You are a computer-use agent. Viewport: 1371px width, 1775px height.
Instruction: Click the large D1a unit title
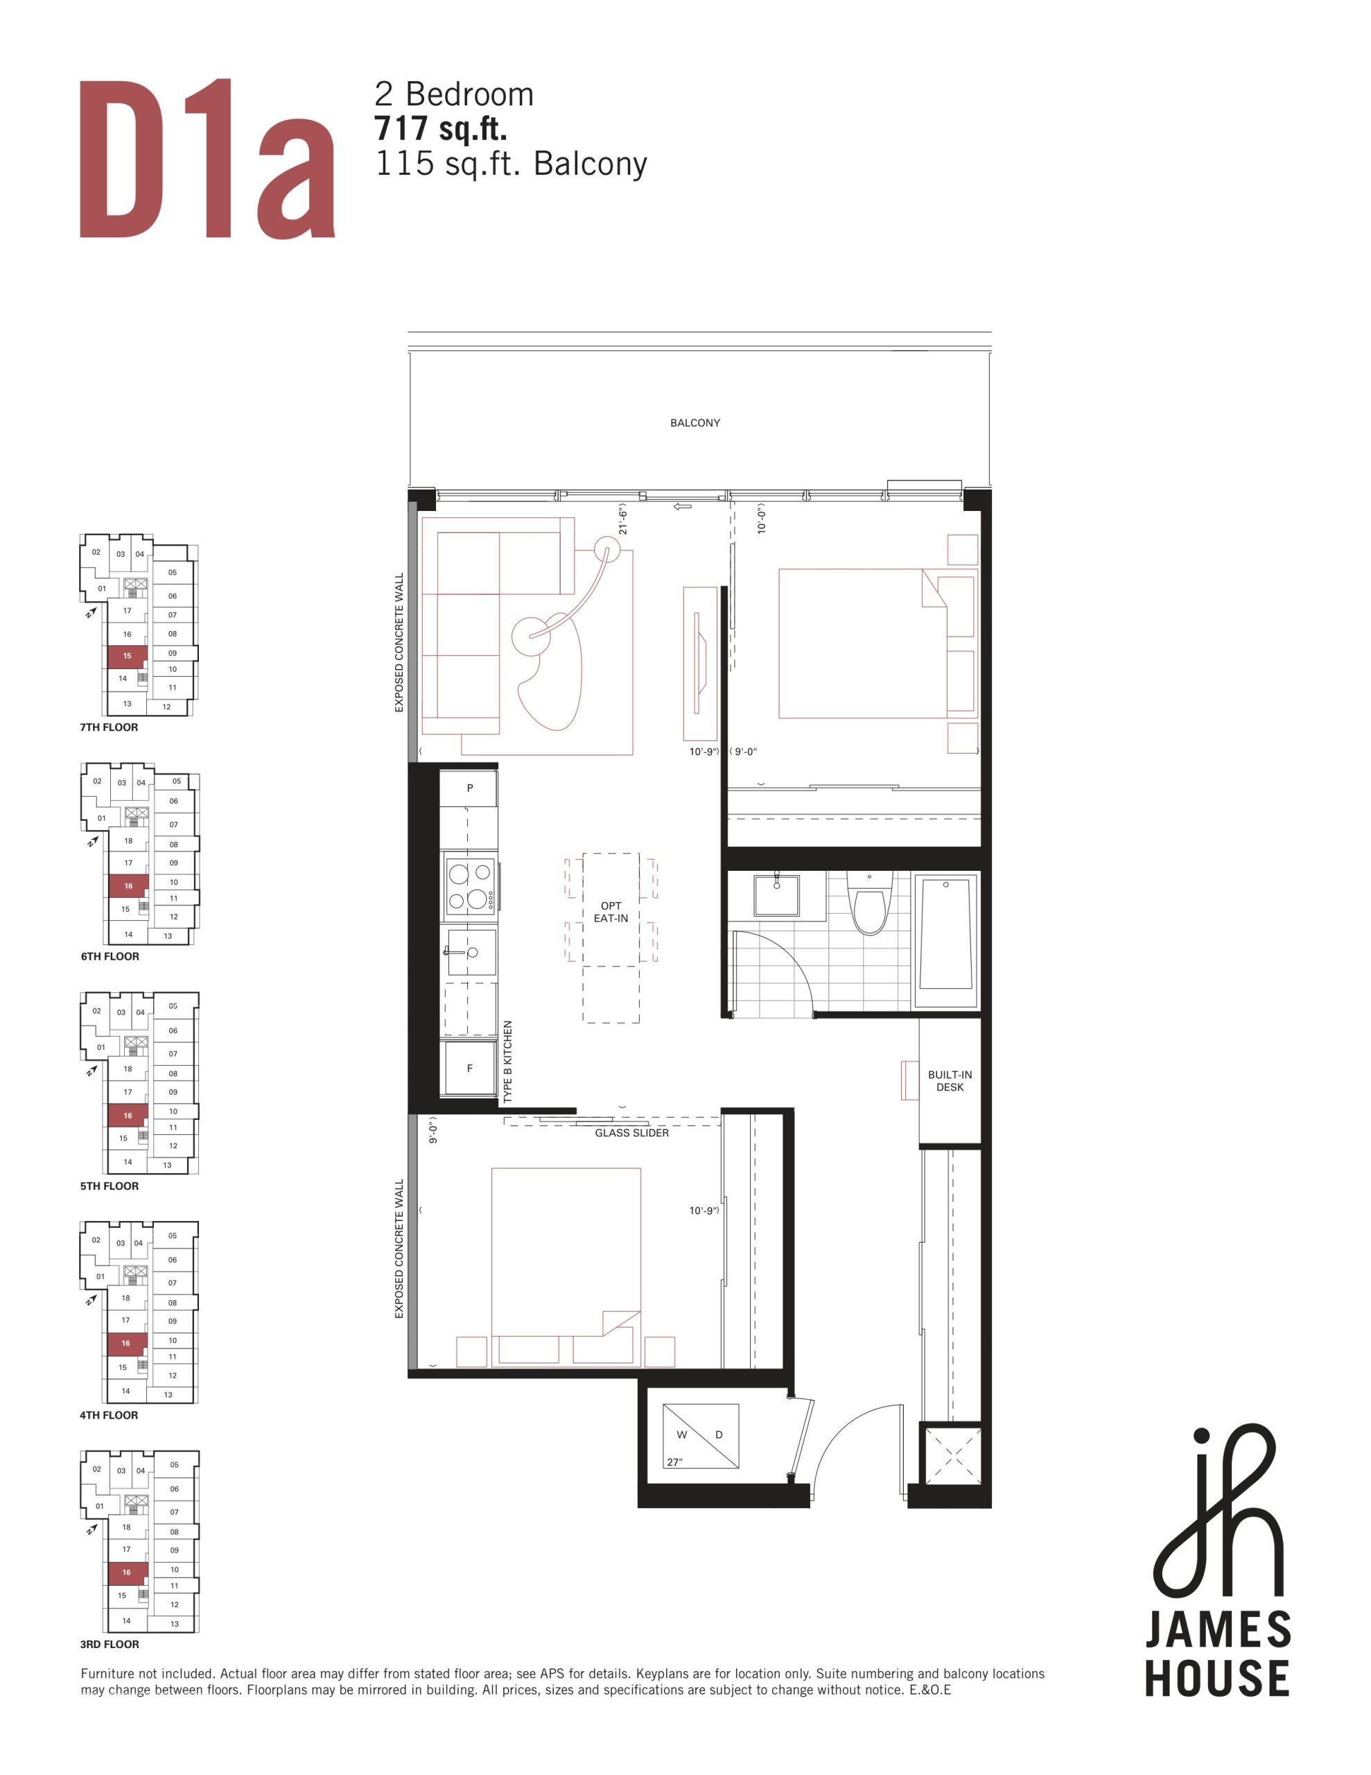(207, 159)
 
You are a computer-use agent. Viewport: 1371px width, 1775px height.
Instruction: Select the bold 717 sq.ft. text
(440, 128)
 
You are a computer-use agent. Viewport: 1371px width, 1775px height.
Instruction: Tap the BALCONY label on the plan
(695, 423)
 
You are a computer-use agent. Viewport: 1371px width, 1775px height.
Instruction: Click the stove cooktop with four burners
(471, 886)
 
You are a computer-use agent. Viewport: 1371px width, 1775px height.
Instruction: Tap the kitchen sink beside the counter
(471, 951)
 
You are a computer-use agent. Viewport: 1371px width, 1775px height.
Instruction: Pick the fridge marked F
(470, 1068)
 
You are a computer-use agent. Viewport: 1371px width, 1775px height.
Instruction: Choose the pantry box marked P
(469, 788)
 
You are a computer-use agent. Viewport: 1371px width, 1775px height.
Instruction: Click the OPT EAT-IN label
(611, 912)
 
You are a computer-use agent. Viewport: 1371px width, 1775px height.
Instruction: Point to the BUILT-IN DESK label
(950, 1081)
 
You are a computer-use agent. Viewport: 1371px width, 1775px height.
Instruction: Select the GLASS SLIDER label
(632, 1133)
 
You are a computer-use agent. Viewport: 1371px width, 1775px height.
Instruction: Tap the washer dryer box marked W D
(701, 1436)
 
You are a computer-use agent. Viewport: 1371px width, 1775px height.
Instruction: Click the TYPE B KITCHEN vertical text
(508, 1062)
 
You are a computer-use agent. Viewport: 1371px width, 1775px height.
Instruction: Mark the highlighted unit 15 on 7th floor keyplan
(127, 657)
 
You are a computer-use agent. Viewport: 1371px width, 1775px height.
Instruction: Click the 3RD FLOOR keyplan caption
(110, 1644)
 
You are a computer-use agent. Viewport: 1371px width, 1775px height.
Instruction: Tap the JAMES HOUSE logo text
(1217, 1654)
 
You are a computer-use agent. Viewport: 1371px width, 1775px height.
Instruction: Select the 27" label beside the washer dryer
(674, 1462)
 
